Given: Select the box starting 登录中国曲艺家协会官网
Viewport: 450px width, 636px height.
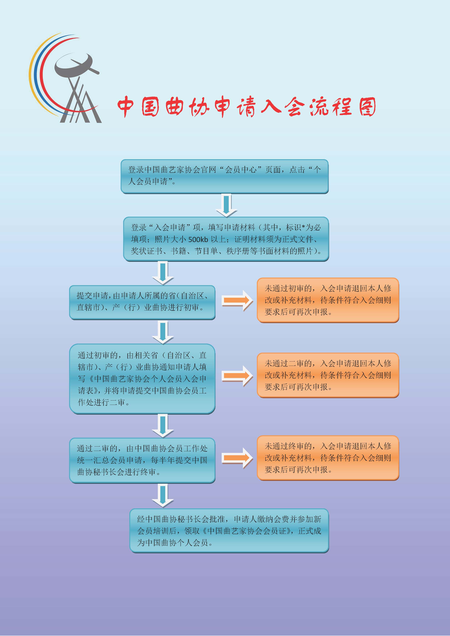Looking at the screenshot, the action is (x=224, y=176).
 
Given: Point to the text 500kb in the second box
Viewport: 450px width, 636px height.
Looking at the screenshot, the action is (x=198, y=239).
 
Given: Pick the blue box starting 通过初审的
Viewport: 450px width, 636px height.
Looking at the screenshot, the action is (x=142, y=379).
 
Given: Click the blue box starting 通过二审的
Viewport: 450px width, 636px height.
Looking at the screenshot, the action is (x=142, y=460).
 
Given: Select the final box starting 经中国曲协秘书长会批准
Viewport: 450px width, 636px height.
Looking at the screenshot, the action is (x=229, y=531).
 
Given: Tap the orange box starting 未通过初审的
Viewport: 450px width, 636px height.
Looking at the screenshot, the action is (x=328, y=300).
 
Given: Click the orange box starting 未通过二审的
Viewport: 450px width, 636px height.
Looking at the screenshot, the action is (x=328, y=375).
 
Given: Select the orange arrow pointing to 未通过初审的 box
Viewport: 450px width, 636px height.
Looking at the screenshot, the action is (x=237, y=301).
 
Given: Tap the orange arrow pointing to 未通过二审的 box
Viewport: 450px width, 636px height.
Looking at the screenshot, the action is (x=237, y=376).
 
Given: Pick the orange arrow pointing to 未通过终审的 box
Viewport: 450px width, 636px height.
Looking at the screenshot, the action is (x=237, y=458).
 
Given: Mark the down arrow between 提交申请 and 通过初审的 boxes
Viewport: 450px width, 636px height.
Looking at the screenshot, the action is (x=163, y=332).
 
